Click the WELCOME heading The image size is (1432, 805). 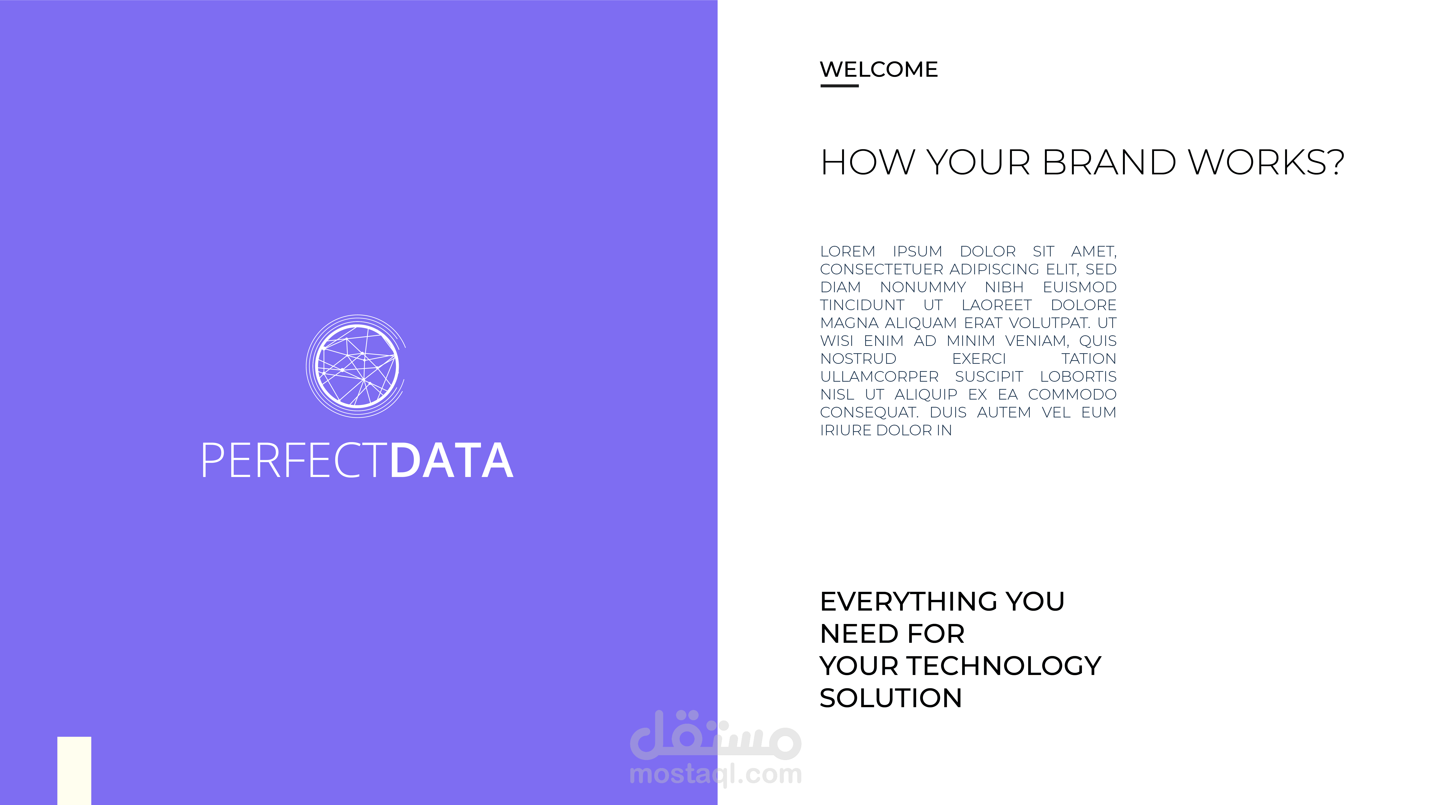pyautogui.click(x=879, y=69)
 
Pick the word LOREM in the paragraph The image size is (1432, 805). pyautogui.click(x=848, y=252)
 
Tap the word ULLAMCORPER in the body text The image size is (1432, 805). pyautogui.click(x=879, y=377)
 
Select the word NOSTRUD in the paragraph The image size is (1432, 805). pyautogui.click(x=858, y=359)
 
